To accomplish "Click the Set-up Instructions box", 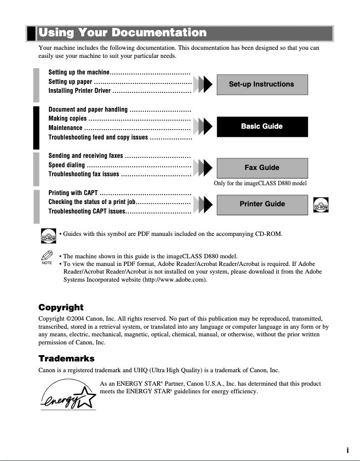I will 262,84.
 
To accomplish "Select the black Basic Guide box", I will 262,126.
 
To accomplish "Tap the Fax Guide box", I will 262,168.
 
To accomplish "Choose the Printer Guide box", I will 262,204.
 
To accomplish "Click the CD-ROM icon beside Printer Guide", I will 321,205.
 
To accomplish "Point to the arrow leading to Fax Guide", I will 204,168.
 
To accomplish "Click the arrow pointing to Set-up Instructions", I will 204,84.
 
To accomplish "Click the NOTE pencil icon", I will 47,257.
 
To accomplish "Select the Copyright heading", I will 61,307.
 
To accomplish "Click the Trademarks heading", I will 66,358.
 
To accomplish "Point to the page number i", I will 347,450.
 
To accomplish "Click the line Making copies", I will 68,119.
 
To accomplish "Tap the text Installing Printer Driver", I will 79,91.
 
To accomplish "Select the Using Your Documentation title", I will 123,33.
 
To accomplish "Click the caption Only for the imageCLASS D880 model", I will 260,183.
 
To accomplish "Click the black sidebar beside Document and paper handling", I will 36,128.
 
